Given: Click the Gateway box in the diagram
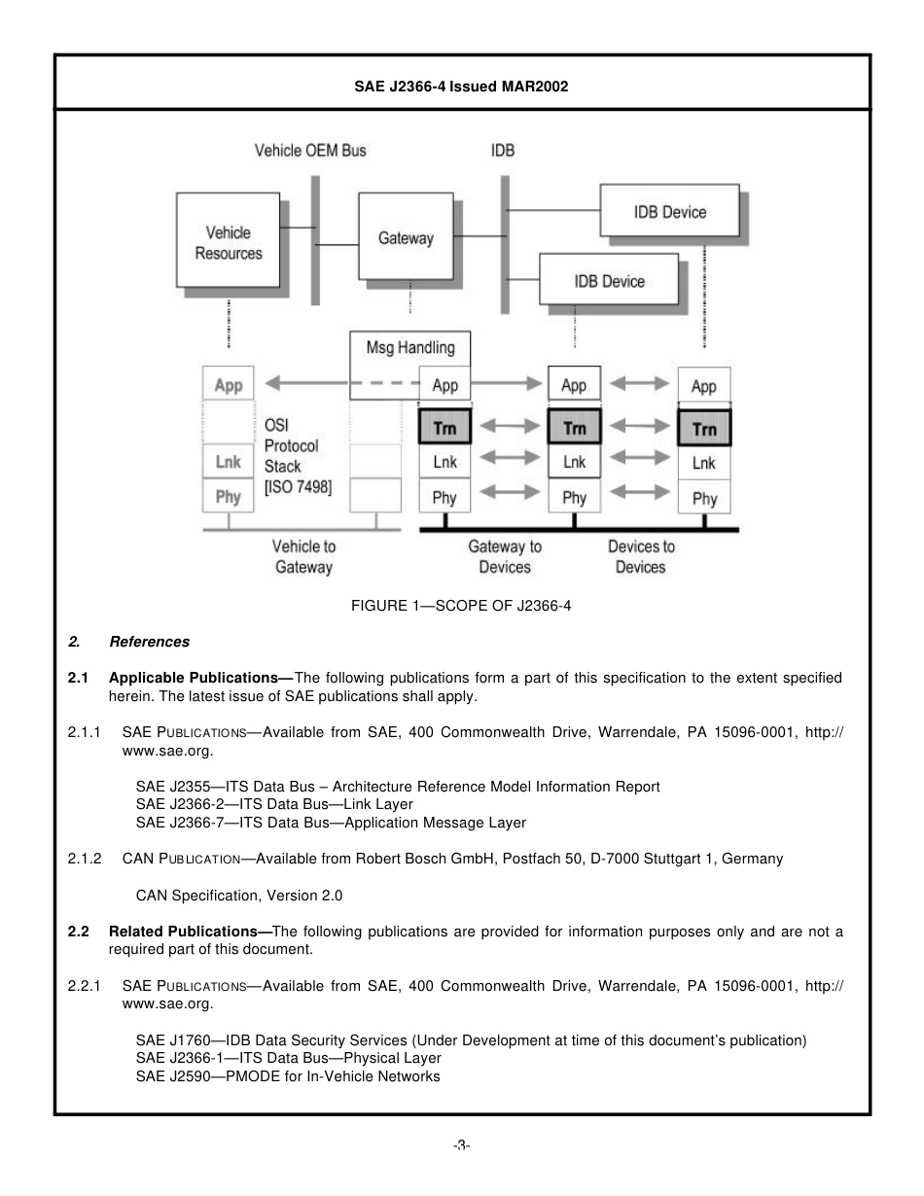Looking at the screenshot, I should point(406,237).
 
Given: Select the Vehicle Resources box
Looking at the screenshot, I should point(229,242).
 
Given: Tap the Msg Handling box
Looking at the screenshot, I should point(409,347).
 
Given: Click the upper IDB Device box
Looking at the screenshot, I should point(669,212).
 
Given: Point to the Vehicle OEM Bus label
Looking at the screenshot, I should point(310,151).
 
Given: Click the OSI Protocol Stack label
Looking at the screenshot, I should point(296,457).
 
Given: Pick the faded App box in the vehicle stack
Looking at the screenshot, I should point(229,385).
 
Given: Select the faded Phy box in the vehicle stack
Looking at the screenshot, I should point(229,497).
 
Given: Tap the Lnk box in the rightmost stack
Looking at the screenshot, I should point(704,464).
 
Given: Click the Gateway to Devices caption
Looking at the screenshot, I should point(505,556).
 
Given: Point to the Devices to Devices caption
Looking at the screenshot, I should point(640,556).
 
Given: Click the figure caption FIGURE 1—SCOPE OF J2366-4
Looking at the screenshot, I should point(461,606).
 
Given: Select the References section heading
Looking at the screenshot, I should point(149,642).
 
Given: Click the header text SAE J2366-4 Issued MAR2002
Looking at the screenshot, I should point(461,87).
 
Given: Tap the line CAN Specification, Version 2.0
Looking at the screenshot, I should point(238,895).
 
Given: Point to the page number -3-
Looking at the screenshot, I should point(461,1145).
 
